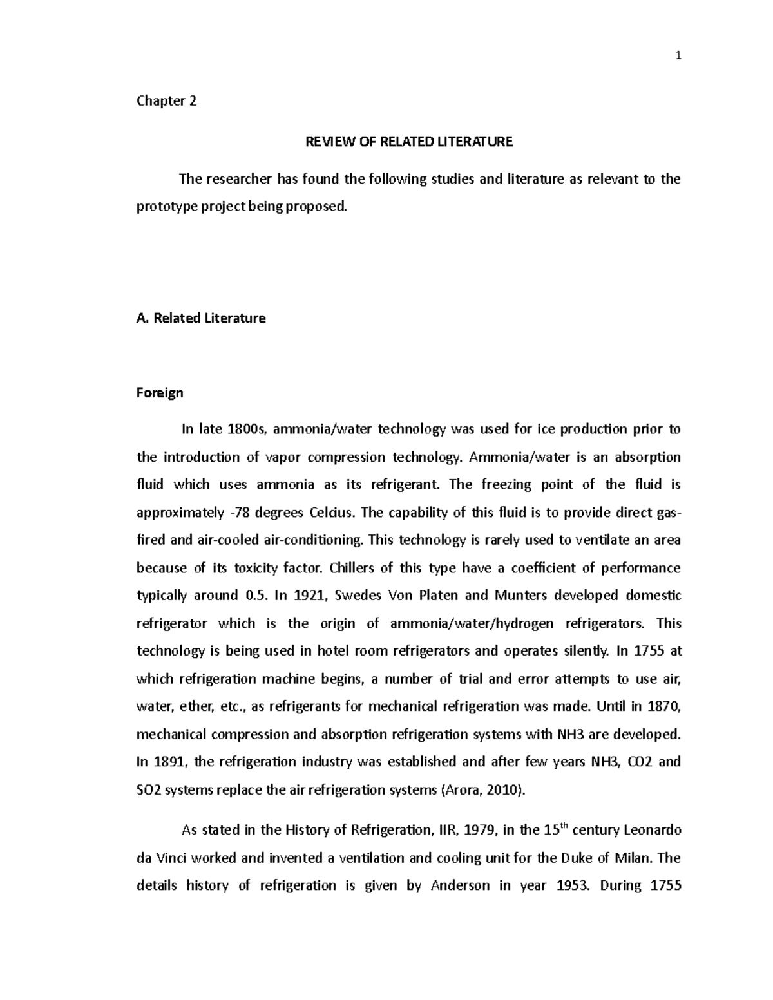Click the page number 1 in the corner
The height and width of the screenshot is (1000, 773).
678,56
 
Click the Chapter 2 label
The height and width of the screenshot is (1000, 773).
166,101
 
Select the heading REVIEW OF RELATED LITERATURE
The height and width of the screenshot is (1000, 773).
409,142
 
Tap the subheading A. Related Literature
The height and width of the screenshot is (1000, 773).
201,318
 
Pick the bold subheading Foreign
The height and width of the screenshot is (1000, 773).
160,393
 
